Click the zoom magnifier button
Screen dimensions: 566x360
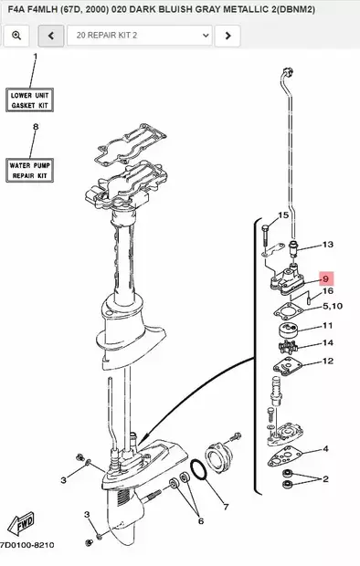click(16, 36)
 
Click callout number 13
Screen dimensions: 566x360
click(327, 245)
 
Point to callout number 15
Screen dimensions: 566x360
click(283, 215)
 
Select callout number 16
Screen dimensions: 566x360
click(327, 292)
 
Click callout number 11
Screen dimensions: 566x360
click(327, 326)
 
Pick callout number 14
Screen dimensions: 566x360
click(327, 343)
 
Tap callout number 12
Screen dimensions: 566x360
click(327, 362)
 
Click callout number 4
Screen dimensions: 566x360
click(324, 449)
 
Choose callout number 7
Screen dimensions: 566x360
click(226, 505)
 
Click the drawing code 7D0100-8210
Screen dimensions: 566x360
click(26, 545)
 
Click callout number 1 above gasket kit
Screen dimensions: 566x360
click(36, 58)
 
